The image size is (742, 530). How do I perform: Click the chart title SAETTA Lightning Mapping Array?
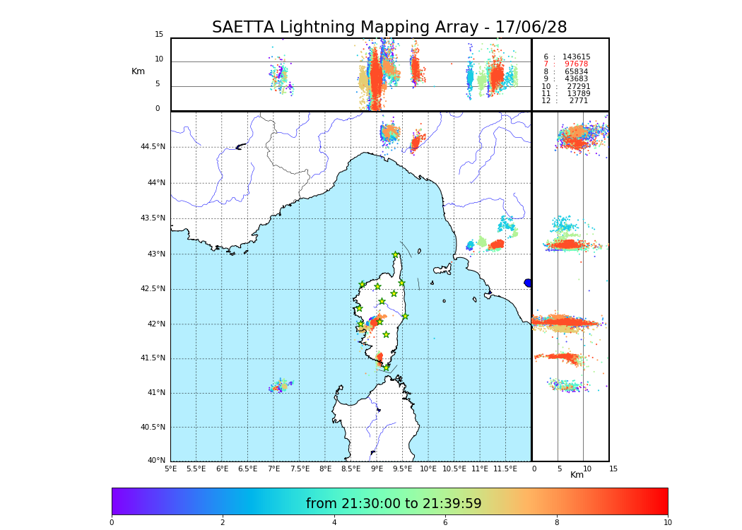pos(389,28)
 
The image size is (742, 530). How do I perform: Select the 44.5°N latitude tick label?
pos(153,147)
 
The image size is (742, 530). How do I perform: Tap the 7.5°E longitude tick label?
pos(300,469)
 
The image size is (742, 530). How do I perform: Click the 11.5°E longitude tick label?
pos(505,469)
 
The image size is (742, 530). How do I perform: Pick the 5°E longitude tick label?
pos(170,469)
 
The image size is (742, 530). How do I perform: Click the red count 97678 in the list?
pos(576,64)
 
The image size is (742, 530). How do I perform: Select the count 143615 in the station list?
pos(576,57)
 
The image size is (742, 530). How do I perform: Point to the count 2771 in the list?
pos(578,101)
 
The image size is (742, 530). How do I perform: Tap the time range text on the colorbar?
pos(394,504)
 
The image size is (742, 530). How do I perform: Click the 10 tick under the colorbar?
pos(667,522)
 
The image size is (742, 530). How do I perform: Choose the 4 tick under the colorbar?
pos(334,522)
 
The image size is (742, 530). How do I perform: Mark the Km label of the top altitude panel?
pos(138,71)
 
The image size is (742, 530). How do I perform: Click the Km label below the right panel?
pos(577,475)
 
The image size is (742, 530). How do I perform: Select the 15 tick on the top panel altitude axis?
pos(159,35)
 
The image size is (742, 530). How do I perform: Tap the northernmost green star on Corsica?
pos(396,255)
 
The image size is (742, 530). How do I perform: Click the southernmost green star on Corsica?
pos(386,367)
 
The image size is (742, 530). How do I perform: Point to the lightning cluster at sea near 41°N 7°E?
pos(281,386)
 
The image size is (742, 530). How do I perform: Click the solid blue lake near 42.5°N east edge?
pos(528,283)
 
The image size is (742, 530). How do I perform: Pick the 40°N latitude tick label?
pos(155,461)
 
